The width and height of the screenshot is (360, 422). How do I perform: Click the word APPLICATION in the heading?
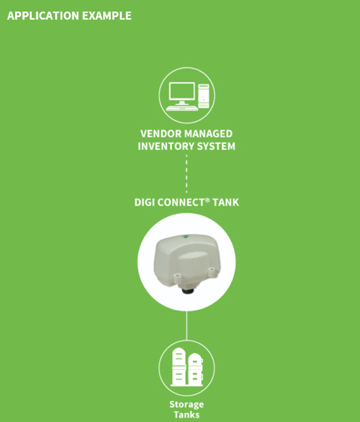[x=43, y=16]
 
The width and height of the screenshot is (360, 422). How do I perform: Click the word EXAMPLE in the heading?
[x=107, y=16]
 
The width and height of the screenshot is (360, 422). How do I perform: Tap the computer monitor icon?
[x=182, y=93]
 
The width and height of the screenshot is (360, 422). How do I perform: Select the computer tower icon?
[x=204, y=96]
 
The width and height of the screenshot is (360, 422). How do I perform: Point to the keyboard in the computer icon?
[x=182, y=108]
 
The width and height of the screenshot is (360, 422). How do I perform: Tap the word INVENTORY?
[x=166, y=147]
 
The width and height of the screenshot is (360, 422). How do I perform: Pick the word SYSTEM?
[x=216, y=147]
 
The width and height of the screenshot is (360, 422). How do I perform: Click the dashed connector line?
[x=187, y=173]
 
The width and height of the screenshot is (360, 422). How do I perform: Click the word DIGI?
[x=144, y=202]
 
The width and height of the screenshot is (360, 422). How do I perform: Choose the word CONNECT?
[x=181, y=202]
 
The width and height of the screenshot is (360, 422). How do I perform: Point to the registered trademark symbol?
[x=207, y=200]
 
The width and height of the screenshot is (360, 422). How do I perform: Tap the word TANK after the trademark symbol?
[x=226, y=202]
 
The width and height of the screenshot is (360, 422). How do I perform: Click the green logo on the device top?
[x=185, y=237]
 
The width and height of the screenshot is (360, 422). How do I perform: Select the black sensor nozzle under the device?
[x=187, y=290]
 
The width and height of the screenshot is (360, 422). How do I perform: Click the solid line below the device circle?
[x=187, y=326]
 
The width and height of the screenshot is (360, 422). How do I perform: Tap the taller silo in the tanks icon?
[x=179, y=366]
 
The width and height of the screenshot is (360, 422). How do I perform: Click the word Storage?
[x=187, y=404]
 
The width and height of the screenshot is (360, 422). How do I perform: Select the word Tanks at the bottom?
[x=187, y=415]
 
